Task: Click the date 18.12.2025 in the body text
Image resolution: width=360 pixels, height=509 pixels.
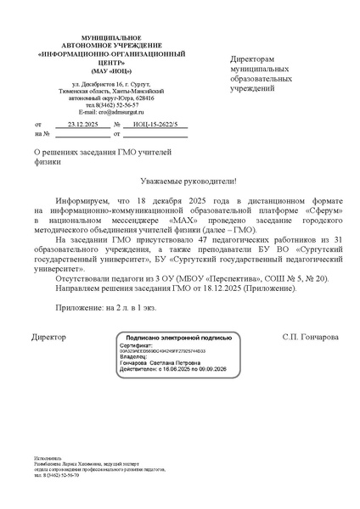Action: click(x=232, y=288)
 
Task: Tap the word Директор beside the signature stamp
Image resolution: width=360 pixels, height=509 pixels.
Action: click(x=48, y=337)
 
